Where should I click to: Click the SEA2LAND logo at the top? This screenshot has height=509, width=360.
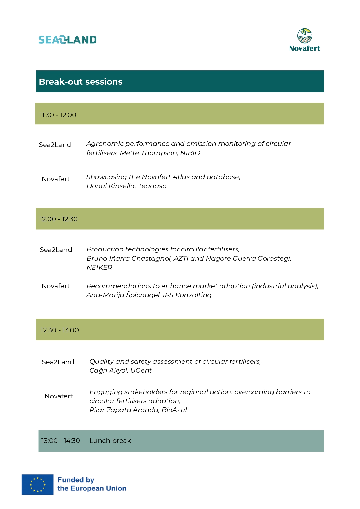coord(67,40)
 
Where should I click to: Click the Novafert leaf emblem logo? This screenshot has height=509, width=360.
coord(305,36)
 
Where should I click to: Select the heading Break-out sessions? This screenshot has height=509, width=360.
coord(81,82)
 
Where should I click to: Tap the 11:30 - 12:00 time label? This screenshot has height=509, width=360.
coord(58,115)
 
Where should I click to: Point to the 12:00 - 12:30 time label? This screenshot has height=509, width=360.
coord(59,219)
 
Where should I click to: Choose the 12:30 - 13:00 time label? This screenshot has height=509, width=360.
coord(59,330)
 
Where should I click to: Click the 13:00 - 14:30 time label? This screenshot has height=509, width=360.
coord(61,441)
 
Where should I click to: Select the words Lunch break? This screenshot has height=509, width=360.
coord(110,441)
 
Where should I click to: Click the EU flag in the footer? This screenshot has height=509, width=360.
coord(38,485)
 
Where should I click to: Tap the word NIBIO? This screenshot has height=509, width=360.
coord(190,153)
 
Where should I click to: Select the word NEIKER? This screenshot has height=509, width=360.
coord(99,267)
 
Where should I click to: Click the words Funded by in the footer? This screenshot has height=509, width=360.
coord(76,480)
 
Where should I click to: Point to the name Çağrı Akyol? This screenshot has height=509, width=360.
coord(108,370)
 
